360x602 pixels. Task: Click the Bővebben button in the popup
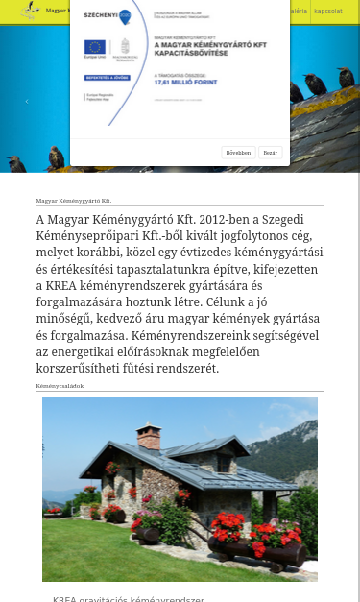pos(237,152)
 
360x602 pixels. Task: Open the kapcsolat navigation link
pos(327,12)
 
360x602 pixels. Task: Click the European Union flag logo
pos(94,47)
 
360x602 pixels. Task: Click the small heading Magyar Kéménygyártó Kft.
pos(74,201)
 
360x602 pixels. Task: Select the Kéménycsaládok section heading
pos(60,386)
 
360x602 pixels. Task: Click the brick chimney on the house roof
pos(148,437)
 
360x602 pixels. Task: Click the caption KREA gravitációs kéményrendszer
pos(129,599)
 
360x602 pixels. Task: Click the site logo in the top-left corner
pos(31,12)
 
